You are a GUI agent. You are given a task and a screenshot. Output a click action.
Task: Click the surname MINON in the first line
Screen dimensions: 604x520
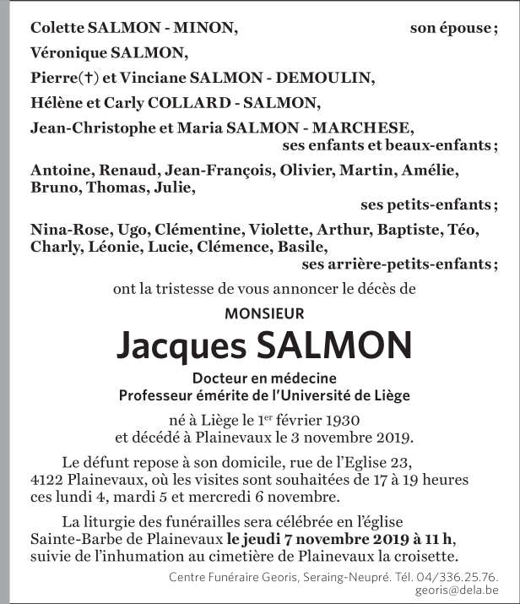(206, 28)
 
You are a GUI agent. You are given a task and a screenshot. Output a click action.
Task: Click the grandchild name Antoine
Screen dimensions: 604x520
(62, 171)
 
